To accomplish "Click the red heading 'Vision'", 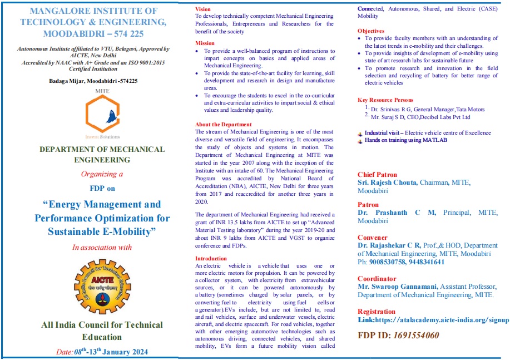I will pos(203,9).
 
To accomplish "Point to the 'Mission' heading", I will pos(205,43).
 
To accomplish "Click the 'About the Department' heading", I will pos(223,125).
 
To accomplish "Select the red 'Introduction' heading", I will pos(211,259).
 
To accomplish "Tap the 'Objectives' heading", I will pos(370,31).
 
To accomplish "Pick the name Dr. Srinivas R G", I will pos(393,110).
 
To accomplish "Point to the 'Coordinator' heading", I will pos(377,279).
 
